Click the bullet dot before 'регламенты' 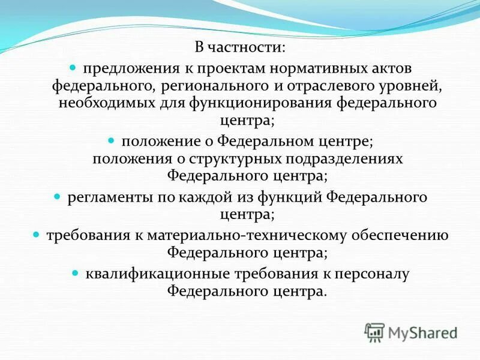click(58, 197)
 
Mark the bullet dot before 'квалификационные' click(76, 274)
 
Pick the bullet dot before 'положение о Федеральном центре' click(112, 140)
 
